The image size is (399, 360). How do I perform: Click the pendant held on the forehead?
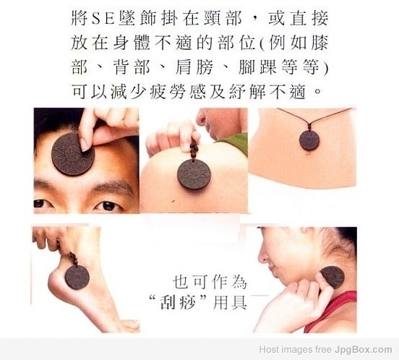pos(73,154)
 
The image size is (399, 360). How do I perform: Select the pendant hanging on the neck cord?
pos(309,140)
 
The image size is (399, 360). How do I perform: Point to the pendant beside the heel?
pos(77,277)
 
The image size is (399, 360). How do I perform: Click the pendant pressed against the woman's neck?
pos(332,277)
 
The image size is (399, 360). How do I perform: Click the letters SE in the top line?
pos(103,19)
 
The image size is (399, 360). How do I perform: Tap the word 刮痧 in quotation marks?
pos(177,303)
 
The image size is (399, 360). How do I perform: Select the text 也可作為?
pos(210,282)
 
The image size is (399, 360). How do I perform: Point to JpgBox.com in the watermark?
pos(363,350)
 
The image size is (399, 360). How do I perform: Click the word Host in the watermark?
pos(268,349)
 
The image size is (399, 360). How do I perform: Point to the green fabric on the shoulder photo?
pos(233,143)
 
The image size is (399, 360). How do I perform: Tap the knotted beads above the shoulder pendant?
pos(194,150)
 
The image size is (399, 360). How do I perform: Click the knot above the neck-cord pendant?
pos(309,127)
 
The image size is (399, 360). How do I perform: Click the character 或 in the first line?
pos(277,19)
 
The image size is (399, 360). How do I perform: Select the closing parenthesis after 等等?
pos(325,68)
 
